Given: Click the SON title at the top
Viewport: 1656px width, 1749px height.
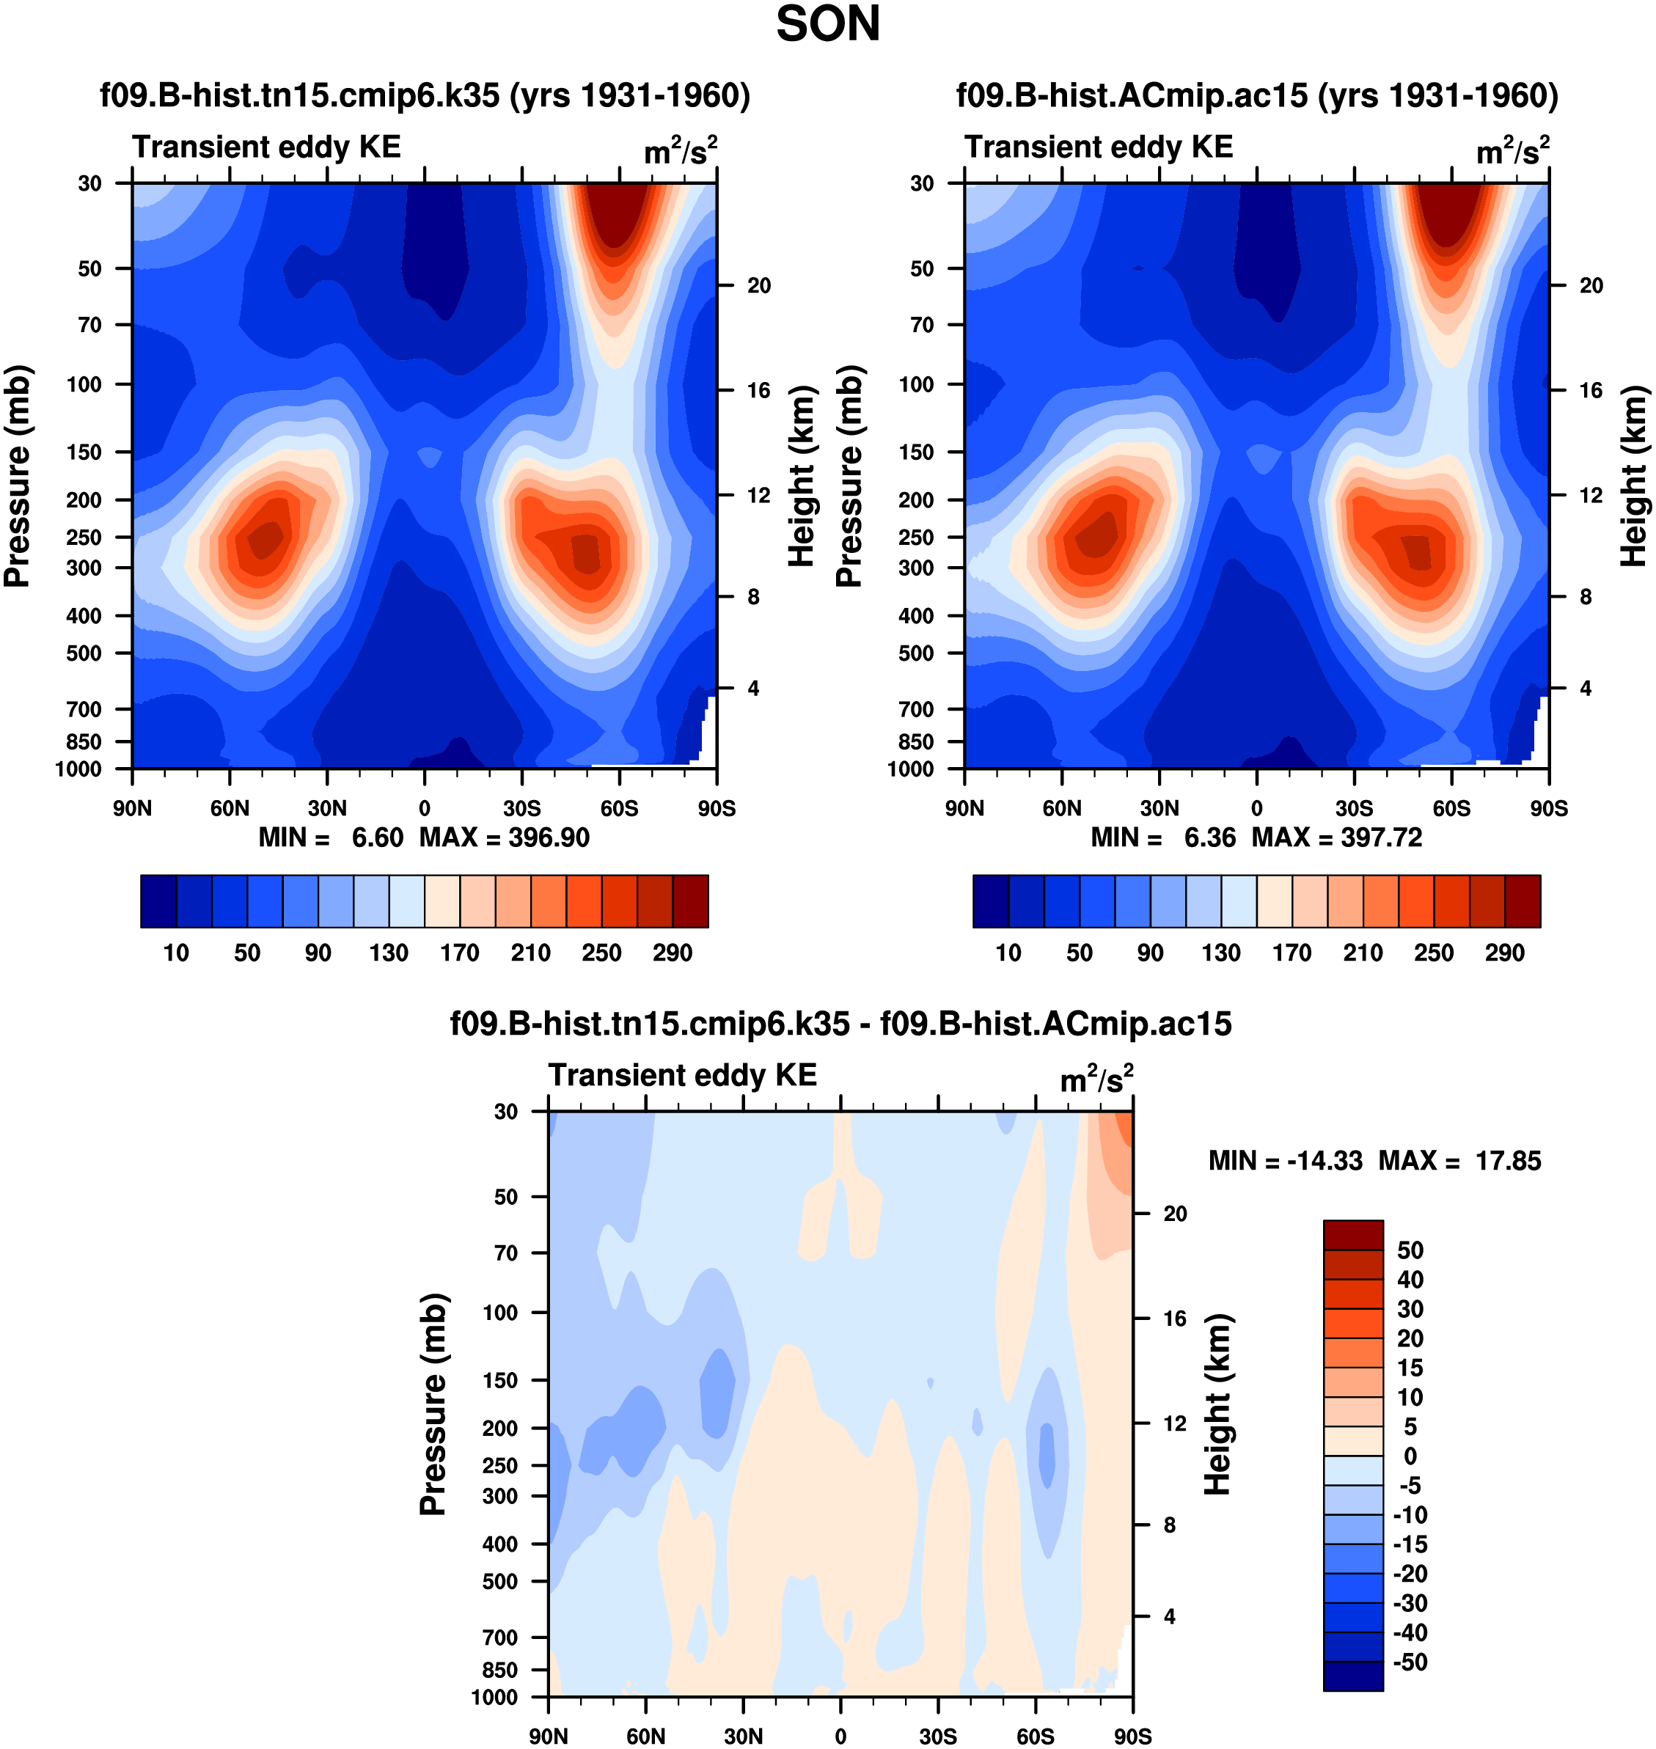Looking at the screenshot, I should click(x=827, y=25).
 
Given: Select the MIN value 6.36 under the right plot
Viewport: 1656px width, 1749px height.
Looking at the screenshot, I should click(x=1209, y=837).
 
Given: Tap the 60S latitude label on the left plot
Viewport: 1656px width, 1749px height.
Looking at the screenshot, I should click(x=619, y=808).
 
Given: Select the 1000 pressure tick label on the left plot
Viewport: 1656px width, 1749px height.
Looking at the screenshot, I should click(x=78, y=769).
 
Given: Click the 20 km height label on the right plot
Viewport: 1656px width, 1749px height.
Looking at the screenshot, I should click(x=1591, y=285).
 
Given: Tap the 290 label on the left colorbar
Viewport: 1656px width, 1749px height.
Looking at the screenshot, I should click(x=672, y=953).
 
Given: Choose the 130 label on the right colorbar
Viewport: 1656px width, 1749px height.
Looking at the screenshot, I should click(x=1221, y=953).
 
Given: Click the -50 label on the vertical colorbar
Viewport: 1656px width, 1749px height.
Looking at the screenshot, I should click(x=1410, y=1662).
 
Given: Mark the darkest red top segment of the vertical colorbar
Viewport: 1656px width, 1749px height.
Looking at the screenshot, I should click(x=1352, y=1234).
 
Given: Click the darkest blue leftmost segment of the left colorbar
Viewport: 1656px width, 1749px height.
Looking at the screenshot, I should click(x=159, y=901).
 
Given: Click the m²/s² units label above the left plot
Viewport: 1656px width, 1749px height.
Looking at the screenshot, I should click(x=680, y=151).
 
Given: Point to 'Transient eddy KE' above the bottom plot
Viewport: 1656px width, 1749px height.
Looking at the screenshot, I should click(x=682, y=1075).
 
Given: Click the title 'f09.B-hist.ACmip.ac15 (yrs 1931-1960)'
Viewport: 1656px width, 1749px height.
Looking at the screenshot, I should click(x=1257, y=95).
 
